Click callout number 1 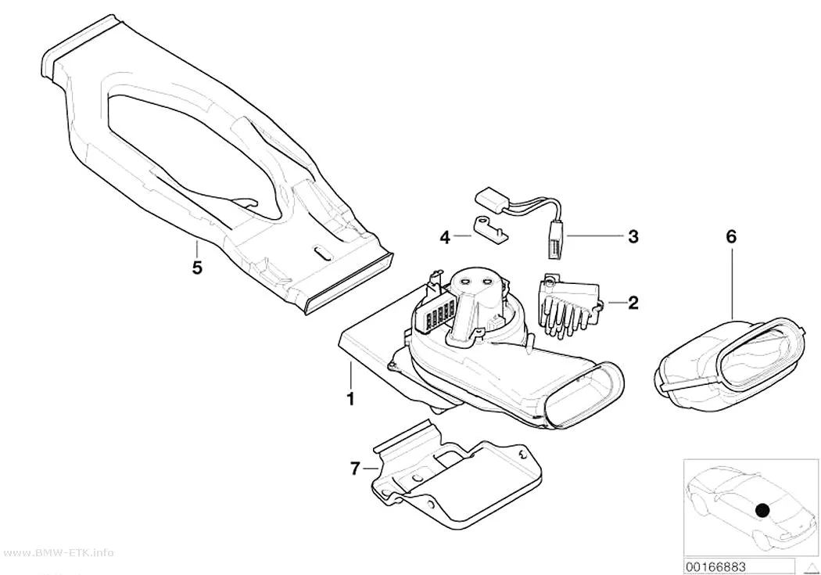pyautogui.click(x=350, y=398)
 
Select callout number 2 pyautogui.click(x=633, y=303)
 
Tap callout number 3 pyautogui.click(x=633, y=237)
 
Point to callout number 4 pyautogui.click(x=445, y=239)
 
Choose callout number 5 pyautogui.click(x=197, y=268)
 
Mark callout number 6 pyautogui.click(x=731, y=237)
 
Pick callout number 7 pyautogui.click(x=355, y=468)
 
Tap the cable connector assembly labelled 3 pyautogui.click(x=524, y=217)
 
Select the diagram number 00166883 pyautogui.click(x=716, y=566)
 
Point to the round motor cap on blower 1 pyautogui.click(x=473, y=282)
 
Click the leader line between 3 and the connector pyautogui.click(x=593, y=237)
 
